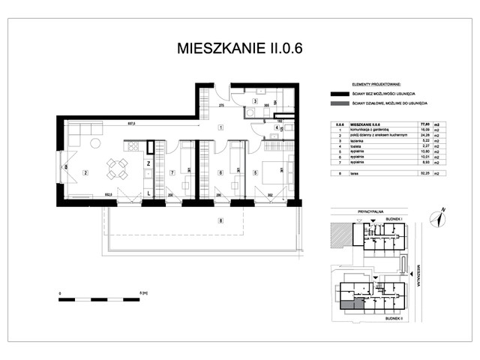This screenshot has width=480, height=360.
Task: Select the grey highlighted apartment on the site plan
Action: (x=349, y=302)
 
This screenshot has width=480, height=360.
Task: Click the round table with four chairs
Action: (x=115, y=169)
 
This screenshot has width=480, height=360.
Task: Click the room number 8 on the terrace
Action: (x=220, y=220)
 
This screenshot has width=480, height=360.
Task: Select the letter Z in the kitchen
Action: (x=149, y=163)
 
